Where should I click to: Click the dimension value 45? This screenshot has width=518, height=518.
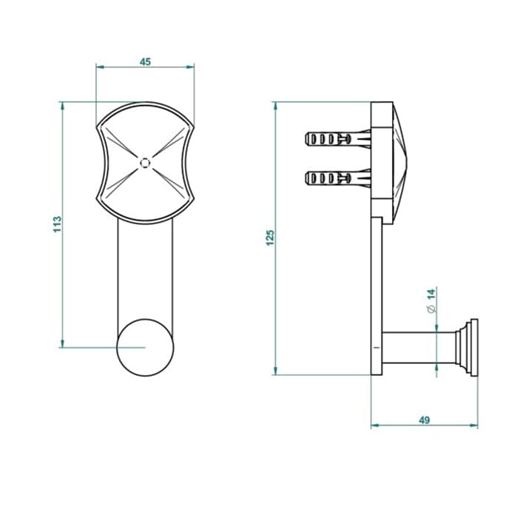click(x=145, y=61)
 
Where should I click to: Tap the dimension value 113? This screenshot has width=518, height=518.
click(x=58, y=224)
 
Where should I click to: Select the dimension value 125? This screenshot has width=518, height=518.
click(x=270, y=238)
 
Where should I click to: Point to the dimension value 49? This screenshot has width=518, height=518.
click(x=424, y=420)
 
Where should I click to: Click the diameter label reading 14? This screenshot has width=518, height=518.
click(x=431, y=295)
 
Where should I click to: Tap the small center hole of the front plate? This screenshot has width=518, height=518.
click(x=145, y=163)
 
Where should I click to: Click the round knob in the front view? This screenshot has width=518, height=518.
click(x=145, y=348)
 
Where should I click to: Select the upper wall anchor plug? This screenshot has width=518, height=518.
click(x=338, y=139)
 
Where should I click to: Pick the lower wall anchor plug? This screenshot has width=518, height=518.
click(x=338, y=178)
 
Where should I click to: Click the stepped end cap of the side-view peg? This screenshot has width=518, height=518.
click(x=467, y=348)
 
